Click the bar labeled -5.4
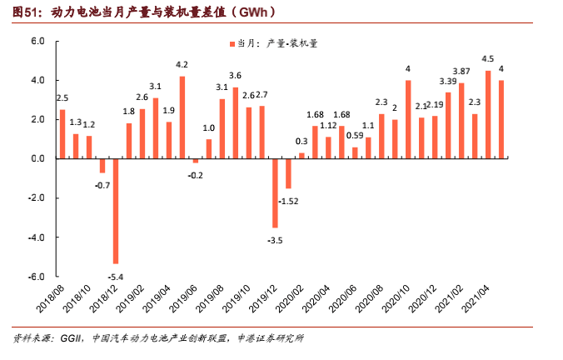pos(116,212)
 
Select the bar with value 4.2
pos(182,117)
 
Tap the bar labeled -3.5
pos(275,193)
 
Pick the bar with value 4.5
pos(488,115)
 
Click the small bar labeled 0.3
pos(301,156)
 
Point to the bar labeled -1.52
pos(288,173)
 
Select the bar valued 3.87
pos(461,121)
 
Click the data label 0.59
pos(355,136)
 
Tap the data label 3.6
pos(235,76)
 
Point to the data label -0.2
pos(196,175)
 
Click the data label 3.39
pos(448,82)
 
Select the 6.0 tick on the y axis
pos(37,42)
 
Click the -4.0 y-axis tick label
pos(37,237)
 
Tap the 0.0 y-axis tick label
pos(37,158)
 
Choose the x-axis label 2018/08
pos(50,298)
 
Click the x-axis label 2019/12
pos(263,298)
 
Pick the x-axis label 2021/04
pos(476,298)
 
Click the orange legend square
pos(232,44)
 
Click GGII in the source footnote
pos(72,338)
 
